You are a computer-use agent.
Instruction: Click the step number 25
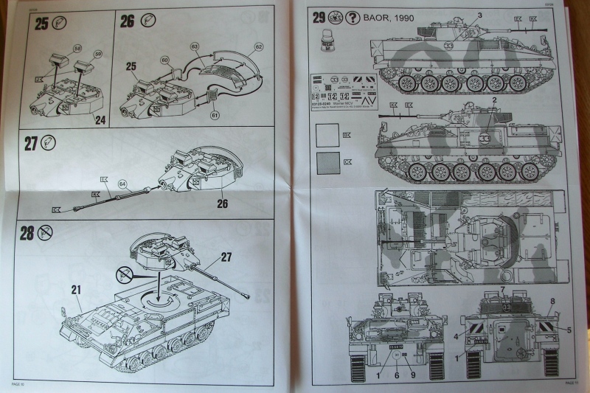pyautogui.click(x=41, y=22)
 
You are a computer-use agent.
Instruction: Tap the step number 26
pyautogui.click(x=127, y=21)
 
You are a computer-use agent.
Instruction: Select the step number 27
pyautogui.click(x=30, y=143)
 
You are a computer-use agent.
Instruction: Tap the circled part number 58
pyautogui.click(x=77, y=49)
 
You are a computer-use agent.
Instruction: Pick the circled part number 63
pyautogui.click(x=195, y=46)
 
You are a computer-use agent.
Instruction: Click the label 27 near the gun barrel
pyautogui.click(x=226, y=258)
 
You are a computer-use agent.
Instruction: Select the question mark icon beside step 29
pyautogui.click(x=353, y=16)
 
